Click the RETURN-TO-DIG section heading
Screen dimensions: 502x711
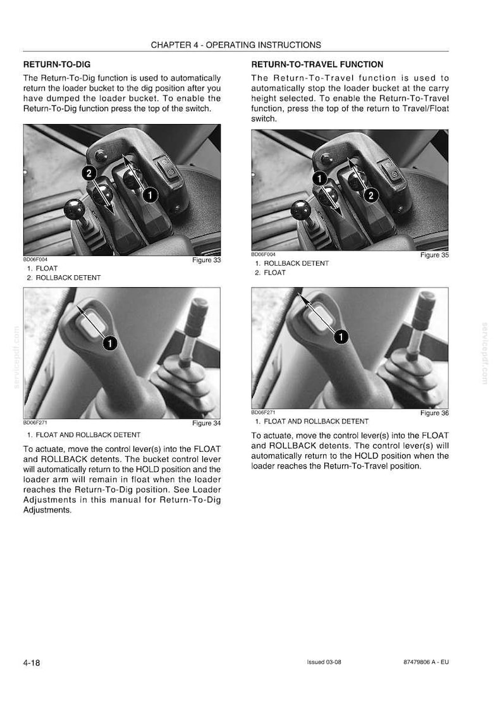click(x=57, y=65)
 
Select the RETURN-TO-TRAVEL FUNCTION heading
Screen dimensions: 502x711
click(x=317, y=65)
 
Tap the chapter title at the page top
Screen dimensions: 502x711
click(x=236, y=45)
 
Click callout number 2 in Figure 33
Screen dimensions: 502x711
click(x=89, y=173)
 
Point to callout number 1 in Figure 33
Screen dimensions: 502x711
click(x=150, y=195)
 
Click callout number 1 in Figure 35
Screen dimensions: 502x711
click(x=320, y=178)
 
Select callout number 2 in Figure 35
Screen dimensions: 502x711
click(x=371, y=195)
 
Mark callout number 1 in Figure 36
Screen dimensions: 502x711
click(x=341, y=337)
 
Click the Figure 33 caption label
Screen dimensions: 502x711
click(x=206, y=260)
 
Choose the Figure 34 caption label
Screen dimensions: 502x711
click(x=206, y=423)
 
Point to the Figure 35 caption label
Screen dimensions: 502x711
click(x=434, y=255)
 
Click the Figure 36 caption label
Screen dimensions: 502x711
click(x=434, y=412)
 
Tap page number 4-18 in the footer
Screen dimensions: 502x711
click(x=32, y=662)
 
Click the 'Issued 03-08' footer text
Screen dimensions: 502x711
click(x=324, y=662)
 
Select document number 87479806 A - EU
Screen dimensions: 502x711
click(x=426, y=662)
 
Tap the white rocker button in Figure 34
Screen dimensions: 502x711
click(x=94, y=323)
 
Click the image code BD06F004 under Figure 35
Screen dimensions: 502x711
click(x=263, y=254)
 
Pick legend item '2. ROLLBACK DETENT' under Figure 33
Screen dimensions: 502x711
click(x=64, y=278)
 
